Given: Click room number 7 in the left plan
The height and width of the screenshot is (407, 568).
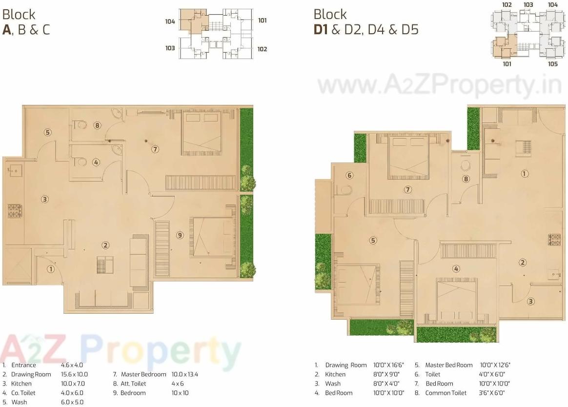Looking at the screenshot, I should [155, 149].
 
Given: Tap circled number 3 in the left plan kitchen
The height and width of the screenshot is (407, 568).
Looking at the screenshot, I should [44, 199].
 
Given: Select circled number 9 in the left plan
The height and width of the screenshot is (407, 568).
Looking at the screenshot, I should [180, 235].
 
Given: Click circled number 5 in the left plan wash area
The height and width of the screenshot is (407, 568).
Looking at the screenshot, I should [47, 132].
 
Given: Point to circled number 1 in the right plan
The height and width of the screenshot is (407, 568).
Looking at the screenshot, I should [525, 173].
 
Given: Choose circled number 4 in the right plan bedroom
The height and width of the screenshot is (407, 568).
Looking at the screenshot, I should [456, 268].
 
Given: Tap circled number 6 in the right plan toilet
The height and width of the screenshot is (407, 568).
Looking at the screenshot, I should [349, 176].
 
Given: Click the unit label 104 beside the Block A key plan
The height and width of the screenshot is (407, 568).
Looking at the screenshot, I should [170, 21].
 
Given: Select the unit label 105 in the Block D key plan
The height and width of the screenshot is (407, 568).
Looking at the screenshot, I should [552, 64].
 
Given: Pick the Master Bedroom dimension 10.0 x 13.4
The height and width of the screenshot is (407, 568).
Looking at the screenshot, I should [184, 374].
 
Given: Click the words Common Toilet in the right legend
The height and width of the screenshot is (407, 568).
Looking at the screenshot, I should [446, 393].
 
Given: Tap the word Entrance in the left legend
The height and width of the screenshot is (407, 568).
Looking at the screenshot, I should [23, 365].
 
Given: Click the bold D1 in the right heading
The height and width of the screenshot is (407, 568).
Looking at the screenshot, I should [321, 30].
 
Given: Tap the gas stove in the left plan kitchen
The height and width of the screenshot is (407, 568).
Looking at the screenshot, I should [13, 210].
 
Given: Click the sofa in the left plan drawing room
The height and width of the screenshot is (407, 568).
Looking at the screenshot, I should [139, 263].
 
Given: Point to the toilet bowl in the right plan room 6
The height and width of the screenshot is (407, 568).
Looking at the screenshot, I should [347, 189].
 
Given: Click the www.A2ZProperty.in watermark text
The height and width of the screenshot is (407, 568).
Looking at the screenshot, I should [439, 86].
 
